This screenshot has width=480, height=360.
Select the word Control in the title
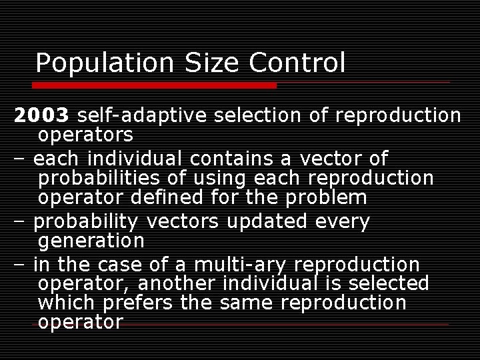point(297,63)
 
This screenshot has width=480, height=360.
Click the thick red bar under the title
point(154,85)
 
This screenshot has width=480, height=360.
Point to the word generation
point(91,240)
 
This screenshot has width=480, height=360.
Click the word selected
point(391,283)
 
